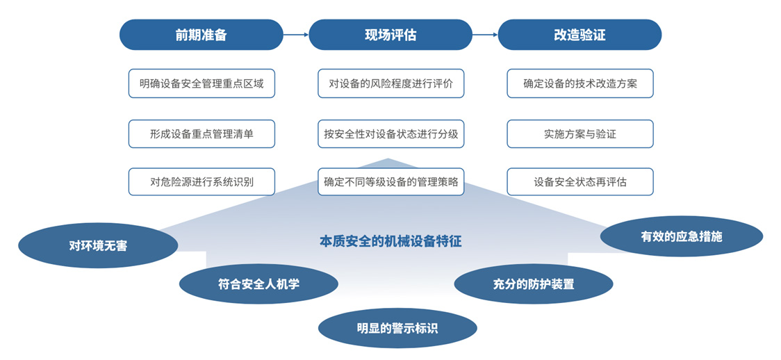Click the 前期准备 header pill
click(x=202, y=35)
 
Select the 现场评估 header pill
click(x=390, y=35)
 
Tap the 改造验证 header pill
click(x=579, y=35)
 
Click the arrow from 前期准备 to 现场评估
click(x=296, y=35)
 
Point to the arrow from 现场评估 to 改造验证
click(x=485, y=35)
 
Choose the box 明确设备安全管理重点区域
click(x=202, y=83)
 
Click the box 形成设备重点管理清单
click(x=202, y=133)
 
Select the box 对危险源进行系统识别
click(x=202, y=182)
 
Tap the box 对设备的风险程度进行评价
click(x=391, y=83)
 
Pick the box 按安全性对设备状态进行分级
click(x=391, y=133)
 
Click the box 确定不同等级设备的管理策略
click(x=391, y=182)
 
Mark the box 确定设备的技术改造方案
click(x=580, y=83)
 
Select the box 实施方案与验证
click(x=580, y=133)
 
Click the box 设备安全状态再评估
click(x=580, y=182)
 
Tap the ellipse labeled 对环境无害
click(x=98, y=245)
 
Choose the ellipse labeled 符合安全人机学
click(x=258, y=284)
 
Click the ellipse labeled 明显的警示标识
click(x=397, y=328)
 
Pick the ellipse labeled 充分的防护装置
click(x=534, y=284)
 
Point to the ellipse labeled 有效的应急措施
click(x=682, y=236)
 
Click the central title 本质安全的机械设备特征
click(x=390, y=241)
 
